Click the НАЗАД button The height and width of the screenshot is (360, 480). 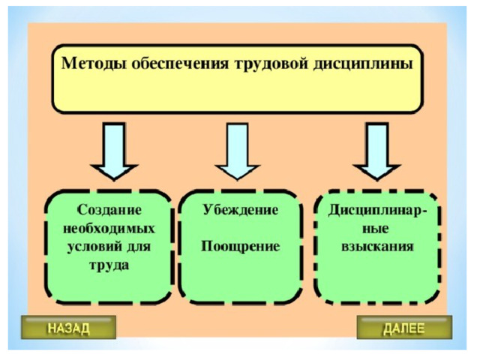(x=68, y=328)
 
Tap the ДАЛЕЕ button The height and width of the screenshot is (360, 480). (x=404, y=328)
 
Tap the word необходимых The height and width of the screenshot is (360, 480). (x=109, y=227)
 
